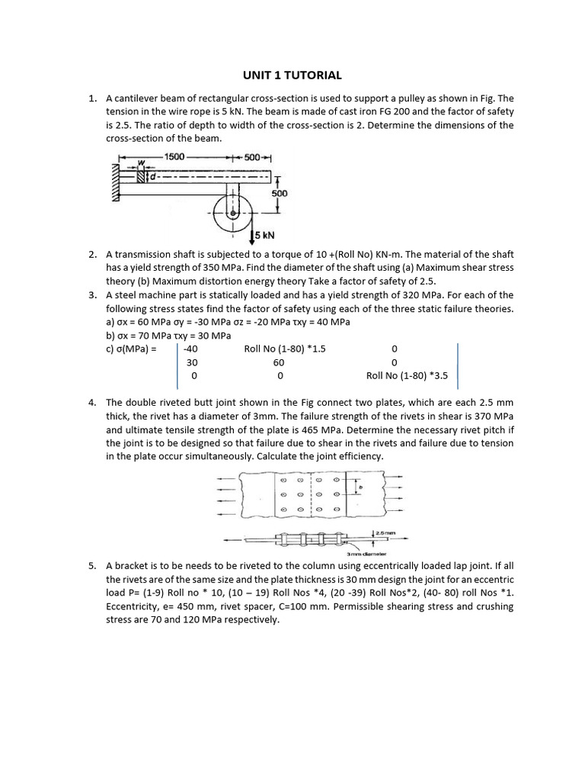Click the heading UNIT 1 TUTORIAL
[x=292, y=75]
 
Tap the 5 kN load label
[x=266, y=235]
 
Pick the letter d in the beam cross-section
[x=152, y=178]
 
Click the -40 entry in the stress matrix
[x=190, y=349]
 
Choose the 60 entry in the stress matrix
[x=279, y=362]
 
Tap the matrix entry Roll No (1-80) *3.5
[x=407, y=376]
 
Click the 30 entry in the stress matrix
[x=192, y=362]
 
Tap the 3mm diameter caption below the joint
[x=366, y=553]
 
